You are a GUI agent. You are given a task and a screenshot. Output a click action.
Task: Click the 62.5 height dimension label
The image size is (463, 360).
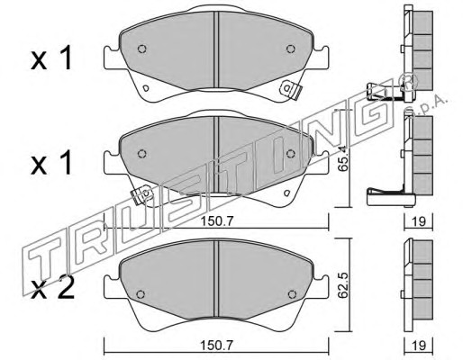[342, 284]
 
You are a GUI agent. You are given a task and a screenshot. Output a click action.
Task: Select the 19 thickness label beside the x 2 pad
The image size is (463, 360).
[419, 346]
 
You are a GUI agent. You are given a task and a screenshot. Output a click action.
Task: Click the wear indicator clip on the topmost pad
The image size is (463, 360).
[291, 89]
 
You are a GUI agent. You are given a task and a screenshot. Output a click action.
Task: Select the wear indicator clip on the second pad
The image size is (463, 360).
[142, 194]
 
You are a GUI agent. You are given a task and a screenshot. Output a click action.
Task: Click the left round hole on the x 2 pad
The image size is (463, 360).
[141, 294]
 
